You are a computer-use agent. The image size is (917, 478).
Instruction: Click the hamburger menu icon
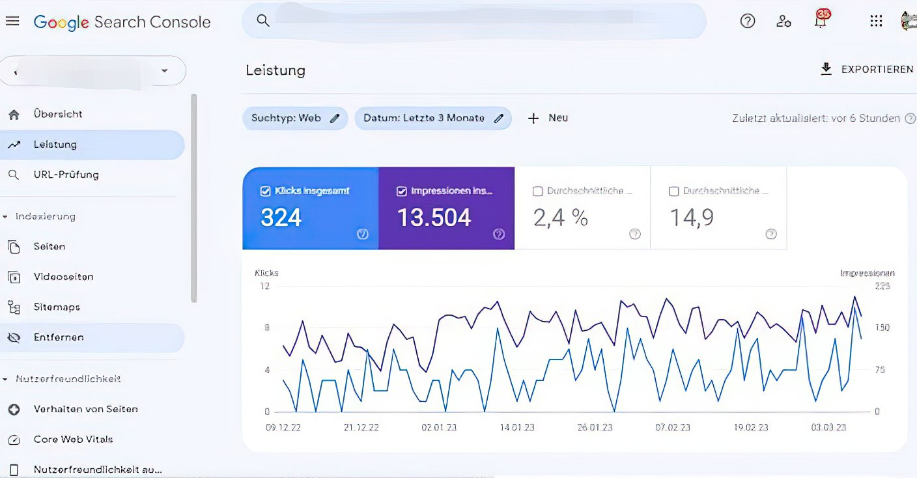(x=12, y=21)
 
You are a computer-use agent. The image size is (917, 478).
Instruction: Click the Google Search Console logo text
(x=122, y=22)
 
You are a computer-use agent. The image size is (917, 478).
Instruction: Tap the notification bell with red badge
(x=821, y=21)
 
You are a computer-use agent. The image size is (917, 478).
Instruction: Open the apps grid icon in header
(x=876, y=21)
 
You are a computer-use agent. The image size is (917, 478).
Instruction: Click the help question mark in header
(x=748, y=21)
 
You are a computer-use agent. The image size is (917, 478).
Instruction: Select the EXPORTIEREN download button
(x=867, y=69)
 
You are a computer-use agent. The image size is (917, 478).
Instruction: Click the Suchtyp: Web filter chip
(x=295, y=119)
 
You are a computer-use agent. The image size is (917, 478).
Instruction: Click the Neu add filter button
(x=548, y=119)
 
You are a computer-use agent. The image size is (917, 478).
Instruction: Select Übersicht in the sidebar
(x=58, y=114)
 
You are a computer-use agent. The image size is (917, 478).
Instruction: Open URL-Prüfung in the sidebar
(x=66, y=175)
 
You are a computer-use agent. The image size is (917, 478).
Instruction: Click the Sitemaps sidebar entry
(x=57, y=307)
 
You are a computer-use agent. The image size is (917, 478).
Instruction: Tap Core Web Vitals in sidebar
(x=73, y=440)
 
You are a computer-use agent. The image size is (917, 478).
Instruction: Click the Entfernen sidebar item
(x=59, y=337)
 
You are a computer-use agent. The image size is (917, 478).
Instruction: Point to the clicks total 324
(x=281, y=218)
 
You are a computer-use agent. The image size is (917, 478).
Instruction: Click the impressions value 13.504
(x=434, y=218)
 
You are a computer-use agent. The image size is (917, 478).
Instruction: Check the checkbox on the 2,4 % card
(x=537, y=191)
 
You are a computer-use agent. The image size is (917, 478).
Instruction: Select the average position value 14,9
(x=692, y=218)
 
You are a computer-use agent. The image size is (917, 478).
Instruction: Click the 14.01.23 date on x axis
(x=517, y=428)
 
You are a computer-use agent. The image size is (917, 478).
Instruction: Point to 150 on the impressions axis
(x=882, y=328)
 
